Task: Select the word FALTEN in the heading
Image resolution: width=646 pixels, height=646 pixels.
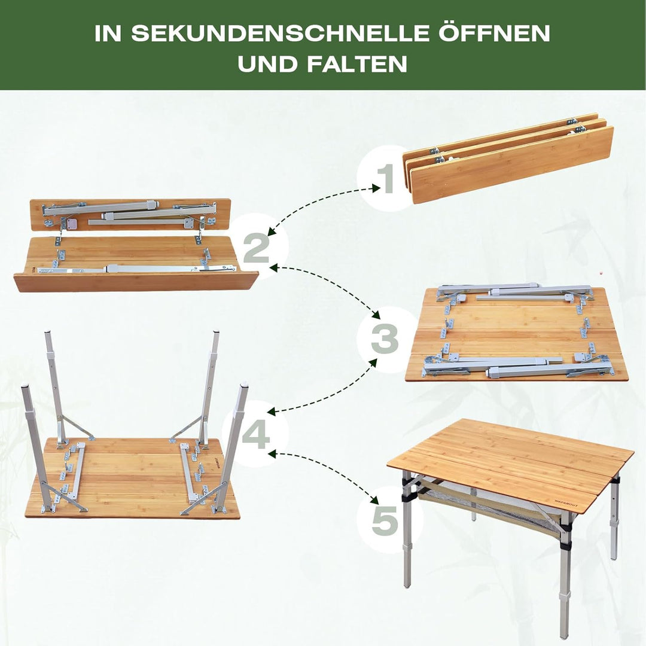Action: pyautogui.click(x=358, y=64)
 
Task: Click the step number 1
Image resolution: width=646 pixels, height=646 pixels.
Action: pyautogui.click(x=385, y=178)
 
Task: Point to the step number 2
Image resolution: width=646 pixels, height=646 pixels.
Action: pyautogui.click(x=256, y=248)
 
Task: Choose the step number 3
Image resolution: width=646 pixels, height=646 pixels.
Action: pyautogui.click(x=385, y=339)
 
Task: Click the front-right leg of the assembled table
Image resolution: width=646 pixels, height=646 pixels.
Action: pyautogui.click(x=566, y=574)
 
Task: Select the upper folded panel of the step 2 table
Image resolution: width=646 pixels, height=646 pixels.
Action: pyautogui.click(x=130, y=214)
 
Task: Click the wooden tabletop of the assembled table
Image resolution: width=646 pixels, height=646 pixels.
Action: pyautogui.click(x=508, y=458)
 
